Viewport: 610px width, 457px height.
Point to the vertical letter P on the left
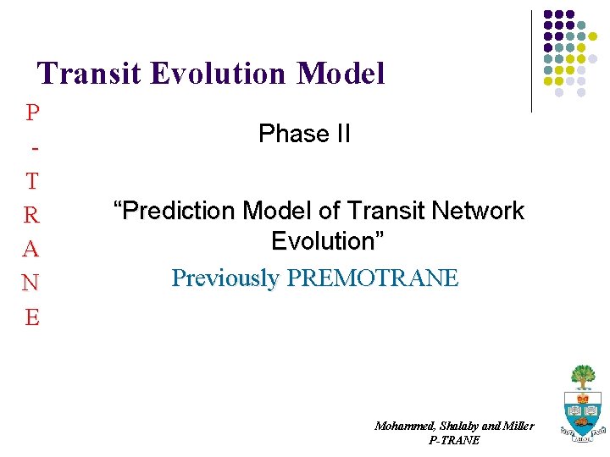(x=32, y=112)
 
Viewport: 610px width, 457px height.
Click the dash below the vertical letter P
(x=33, y=148)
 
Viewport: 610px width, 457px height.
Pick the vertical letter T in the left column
(x=32, y=181)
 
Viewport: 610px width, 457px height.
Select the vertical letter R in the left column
(x=32, y=215)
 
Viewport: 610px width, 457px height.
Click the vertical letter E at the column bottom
(x=32, y=317)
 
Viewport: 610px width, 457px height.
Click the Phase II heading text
(x=304, y=134)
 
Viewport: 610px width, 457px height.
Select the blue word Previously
(x=225, y=278)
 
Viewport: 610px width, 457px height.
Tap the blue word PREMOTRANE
(x=373, y=278)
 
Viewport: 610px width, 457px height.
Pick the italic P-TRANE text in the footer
(x=454, y=440)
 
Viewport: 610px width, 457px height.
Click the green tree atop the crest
(x=582, y=376)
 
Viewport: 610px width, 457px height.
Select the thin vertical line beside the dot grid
(x=531, y=61)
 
